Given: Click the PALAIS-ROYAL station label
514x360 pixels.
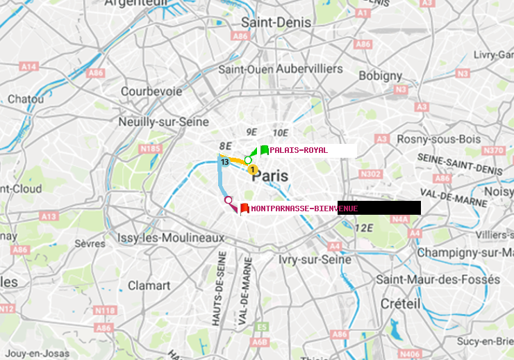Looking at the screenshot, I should pos(299,150).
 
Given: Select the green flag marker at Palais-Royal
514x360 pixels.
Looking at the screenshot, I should pos(264,150).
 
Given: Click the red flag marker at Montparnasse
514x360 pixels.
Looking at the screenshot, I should pos(244,207).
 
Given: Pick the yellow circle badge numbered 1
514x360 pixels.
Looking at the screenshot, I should pos(253,169).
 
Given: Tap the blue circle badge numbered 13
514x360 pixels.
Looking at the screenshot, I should pos(224,162).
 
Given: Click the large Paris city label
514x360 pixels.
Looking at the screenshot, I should pos(270,176).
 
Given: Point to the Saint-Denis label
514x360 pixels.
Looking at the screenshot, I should pos(276,22).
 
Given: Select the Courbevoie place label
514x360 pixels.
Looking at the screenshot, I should pos(151,91).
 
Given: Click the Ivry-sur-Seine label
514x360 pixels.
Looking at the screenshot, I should pos(315,259).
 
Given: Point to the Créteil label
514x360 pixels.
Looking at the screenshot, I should pos(400,304).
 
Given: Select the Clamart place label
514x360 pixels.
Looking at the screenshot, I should pos(149,285).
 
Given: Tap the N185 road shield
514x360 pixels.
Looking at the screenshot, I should pos(150,148).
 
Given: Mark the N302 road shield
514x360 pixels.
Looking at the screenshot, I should pos(372,174).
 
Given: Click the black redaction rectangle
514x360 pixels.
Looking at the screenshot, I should pos(379,208).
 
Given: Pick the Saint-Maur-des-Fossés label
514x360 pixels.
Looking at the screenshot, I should pos(438,279).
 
